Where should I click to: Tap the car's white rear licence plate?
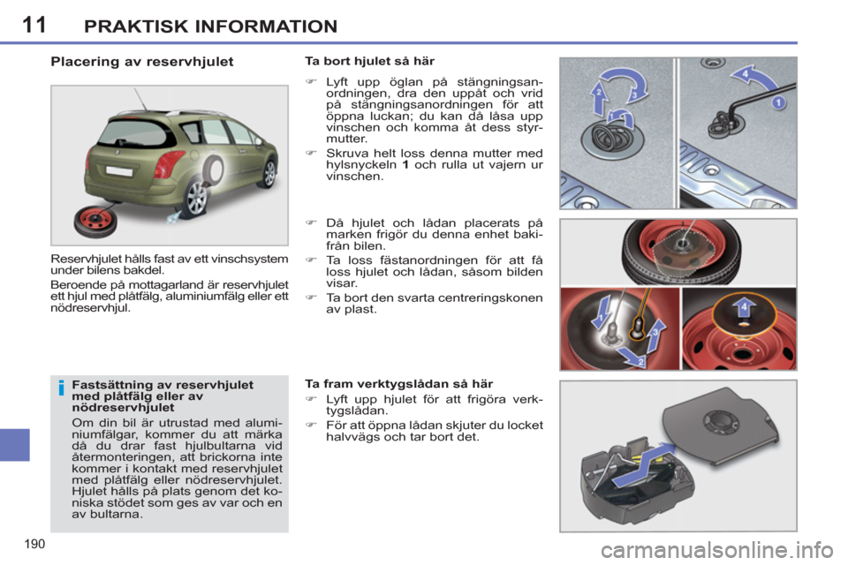111,163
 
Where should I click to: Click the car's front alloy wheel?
269,173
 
